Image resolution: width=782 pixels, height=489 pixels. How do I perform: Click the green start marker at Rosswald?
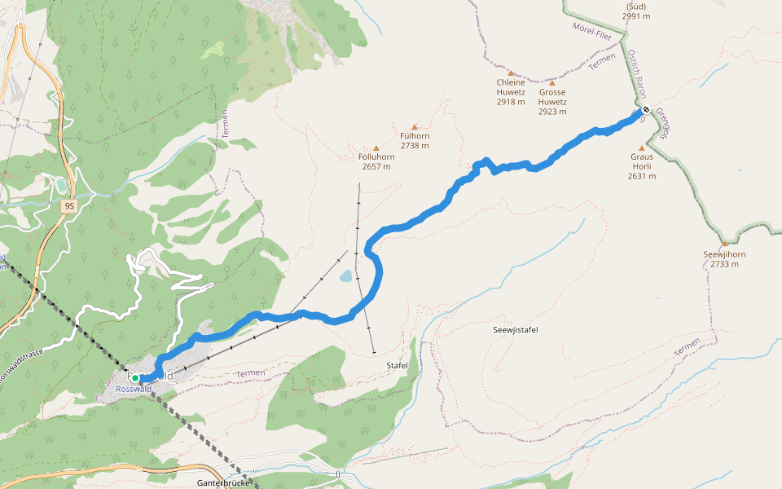135,378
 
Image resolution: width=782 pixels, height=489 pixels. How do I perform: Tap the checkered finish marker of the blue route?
645,110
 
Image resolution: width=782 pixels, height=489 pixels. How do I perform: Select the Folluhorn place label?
376,156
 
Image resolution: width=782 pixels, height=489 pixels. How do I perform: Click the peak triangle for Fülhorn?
415,127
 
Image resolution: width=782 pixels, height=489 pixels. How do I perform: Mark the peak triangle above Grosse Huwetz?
552,82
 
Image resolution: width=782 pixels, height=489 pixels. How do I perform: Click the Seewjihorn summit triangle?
724,243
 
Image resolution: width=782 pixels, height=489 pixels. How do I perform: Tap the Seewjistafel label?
516,329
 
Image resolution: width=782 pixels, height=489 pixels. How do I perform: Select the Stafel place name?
397,366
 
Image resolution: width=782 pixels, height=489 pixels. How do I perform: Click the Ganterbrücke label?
222,482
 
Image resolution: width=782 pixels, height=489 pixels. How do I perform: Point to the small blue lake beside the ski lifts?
346,276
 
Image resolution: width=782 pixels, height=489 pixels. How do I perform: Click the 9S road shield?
69,206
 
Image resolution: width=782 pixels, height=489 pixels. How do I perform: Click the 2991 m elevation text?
636,15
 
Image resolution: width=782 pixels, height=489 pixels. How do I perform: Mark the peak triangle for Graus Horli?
641,148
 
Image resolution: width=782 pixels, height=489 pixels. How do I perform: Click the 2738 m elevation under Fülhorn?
415,146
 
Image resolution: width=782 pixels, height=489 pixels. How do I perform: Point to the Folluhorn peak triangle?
376,148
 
